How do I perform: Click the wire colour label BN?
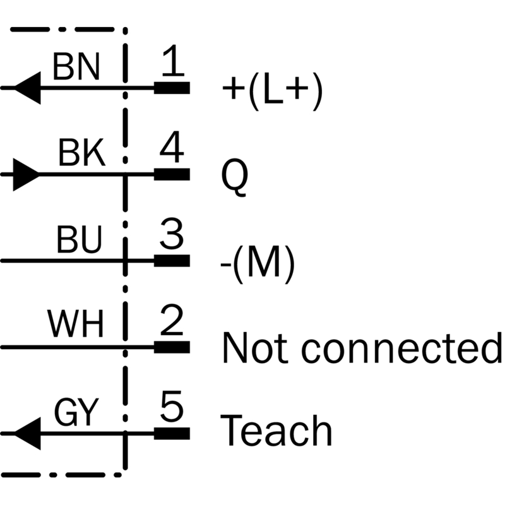pyautogui.click(x=76, y=66)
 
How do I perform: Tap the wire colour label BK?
pyautogui.click(x=82, y=152)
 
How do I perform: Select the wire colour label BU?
pyautogui.click(x=80, y=239)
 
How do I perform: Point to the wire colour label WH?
pyautogui.click(x=76, y=323)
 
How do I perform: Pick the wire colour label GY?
pyautogui.click(x=76, y=412)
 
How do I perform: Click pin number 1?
pyautogui.click(x=173, y=60)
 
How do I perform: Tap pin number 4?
pyautogui.click(x=172, y=147)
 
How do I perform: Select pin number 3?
pyautogui.click(x=172, y=234)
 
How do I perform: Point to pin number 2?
pyautogui.click(x=172, y=320)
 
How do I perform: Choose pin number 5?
pyautogui.click(x=172, y=407)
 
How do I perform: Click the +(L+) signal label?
pyautogui.click(x=273, y=91)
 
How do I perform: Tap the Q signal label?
pyautogui.click(x=235, y=177)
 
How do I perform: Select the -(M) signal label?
pyautogui.click(x=258, y=264)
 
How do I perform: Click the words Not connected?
pyautogui.click(x=362, y=348)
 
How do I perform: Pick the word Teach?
pyautogui.click(x=276, y=431)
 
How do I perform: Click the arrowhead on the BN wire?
pyautogui.click(x=28, y=88)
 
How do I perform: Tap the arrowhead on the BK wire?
pyautogui.click(x=26, y=175)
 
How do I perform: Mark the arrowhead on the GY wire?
pyautogui.click(x=28, y=434)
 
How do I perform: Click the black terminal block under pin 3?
pyautogui.click(x=172, y=261)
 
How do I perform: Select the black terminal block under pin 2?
pyautogui.click(x=172, y=347)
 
